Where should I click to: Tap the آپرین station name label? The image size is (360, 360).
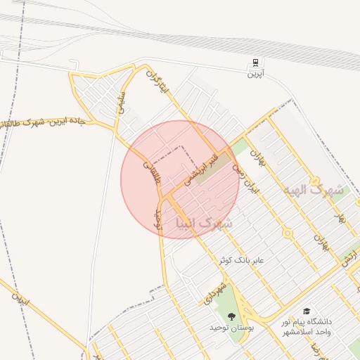click(255, 73)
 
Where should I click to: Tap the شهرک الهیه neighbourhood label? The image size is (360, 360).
click(313, 191)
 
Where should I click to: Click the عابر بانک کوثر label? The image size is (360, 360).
click(241, 260)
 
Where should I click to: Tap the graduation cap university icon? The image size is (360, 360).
click(307, 310)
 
